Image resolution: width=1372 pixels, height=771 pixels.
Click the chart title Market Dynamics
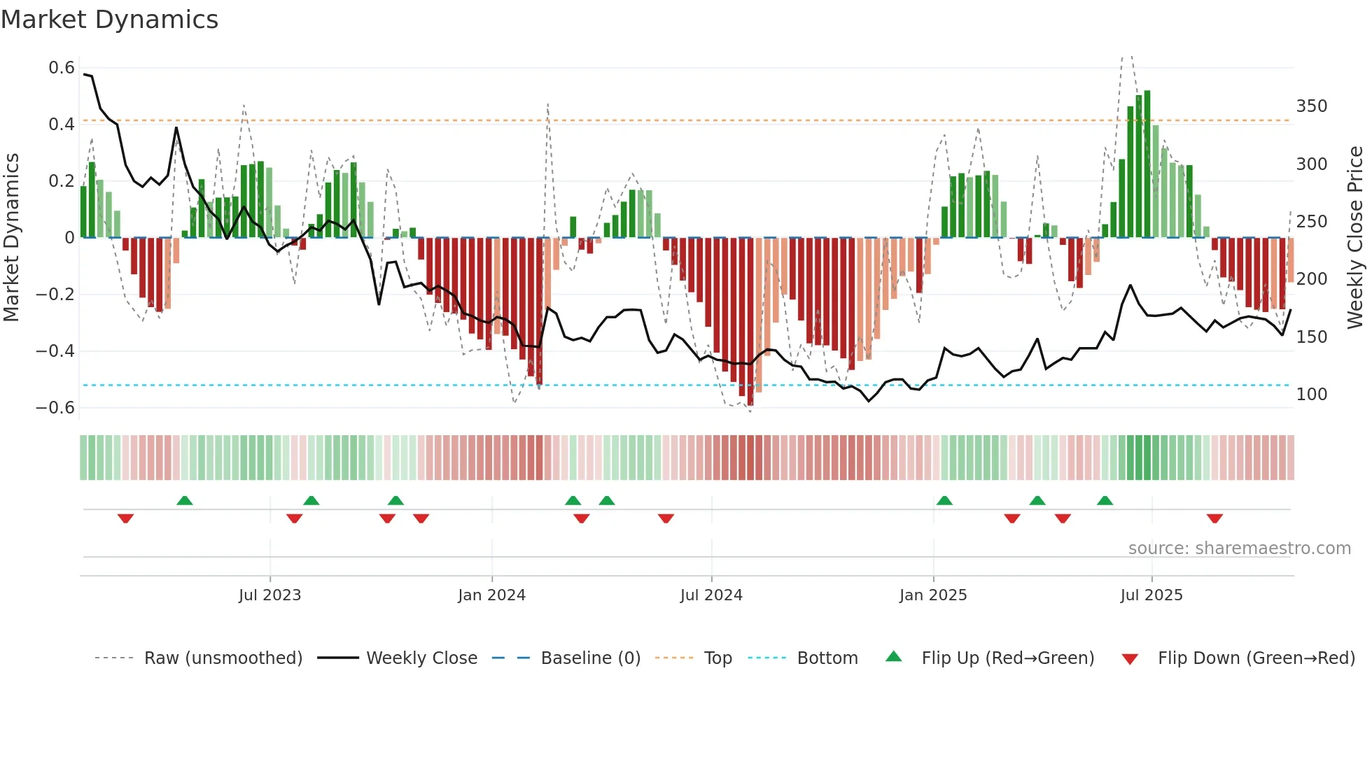tap(110, 20)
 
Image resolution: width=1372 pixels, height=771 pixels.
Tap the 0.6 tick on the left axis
tap(62, 68)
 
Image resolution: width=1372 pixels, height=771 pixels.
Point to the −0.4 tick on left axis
tap(55, 351)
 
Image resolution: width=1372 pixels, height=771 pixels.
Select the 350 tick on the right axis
tap(1311, 106)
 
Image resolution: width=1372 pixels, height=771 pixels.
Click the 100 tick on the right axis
tap(1311, 395)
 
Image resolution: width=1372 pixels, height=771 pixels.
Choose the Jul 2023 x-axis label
tap(269, 595)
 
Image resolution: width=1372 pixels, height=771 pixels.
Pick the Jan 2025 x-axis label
tap(932, 595)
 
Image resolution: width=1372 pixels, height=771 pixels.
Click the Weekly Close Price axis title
tap(1355, 238)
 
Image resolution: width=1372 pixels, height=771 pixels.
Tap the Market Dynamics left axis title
tap(12, 238)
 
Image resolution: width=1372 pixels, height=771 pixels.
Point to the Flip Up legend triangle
tap(894, 656)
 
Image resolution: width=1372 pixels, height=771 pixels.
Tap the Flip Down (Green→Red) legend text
tap(1256, 658)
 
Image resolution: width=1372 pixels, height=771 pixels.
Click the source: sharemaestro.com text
tap(1239, 549)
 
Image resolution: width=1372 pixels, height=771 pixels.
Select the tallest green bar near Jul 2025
tap(1147, 164)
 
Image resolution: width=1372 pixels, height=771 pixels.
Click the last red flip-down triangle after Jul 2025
tap(1214, 518)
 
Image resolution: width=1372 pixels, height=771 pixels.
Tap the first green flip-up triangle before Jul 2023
tap(185, 500)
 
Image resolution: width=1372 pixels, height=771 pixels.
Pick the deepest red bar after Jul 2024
tap(750, 322)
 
